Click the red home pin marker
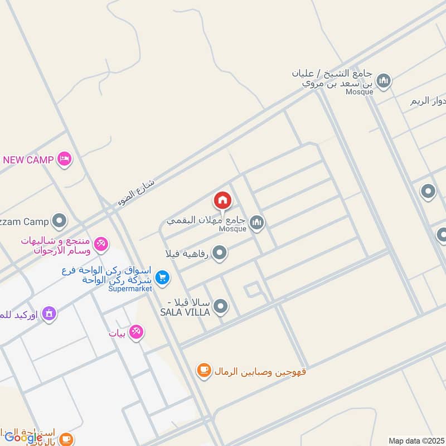pyautogui.click(x=222, y=200)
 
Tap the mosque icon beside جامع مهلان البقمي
pyautogui.click(x=256, y=223)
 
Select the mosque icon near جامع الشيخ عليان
pyautogui.click(x=383, y=82)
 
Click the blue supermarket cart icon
pyautogui.click(x=162, y=277)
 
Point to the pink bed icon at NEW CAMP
pyautogui.click(x=65, y=159)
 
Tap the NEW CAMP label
pyautogui.click(x=28, y=160)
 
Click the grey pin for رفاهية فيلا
pyautogui.click(x=220, y=254)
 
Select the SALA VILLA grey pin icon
pyautogui.click(x=221, y=306)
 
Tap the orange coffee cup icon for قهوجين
pyautogui.click(x=204, y=370)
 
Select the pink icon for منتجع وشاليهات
pyautogui.click(x=101, y=244)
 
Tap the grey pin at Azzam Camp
pyautogui.click(x=59, y=221)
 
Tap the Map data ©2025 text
pyautogui.click(x=416, y=441)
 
